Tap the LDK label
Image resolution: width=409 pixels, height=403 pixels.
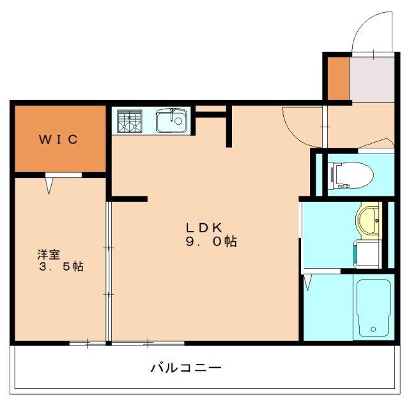click(x=203, y=227)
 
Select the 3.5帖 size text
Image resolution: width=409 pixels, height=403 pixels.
click(x=61, y=267)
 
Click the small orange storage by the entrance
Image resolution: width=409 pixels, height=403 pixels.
click(x=337, y=77)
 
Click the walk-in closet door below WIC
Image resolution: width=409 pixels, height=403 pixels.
click(x=50, y=184)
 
